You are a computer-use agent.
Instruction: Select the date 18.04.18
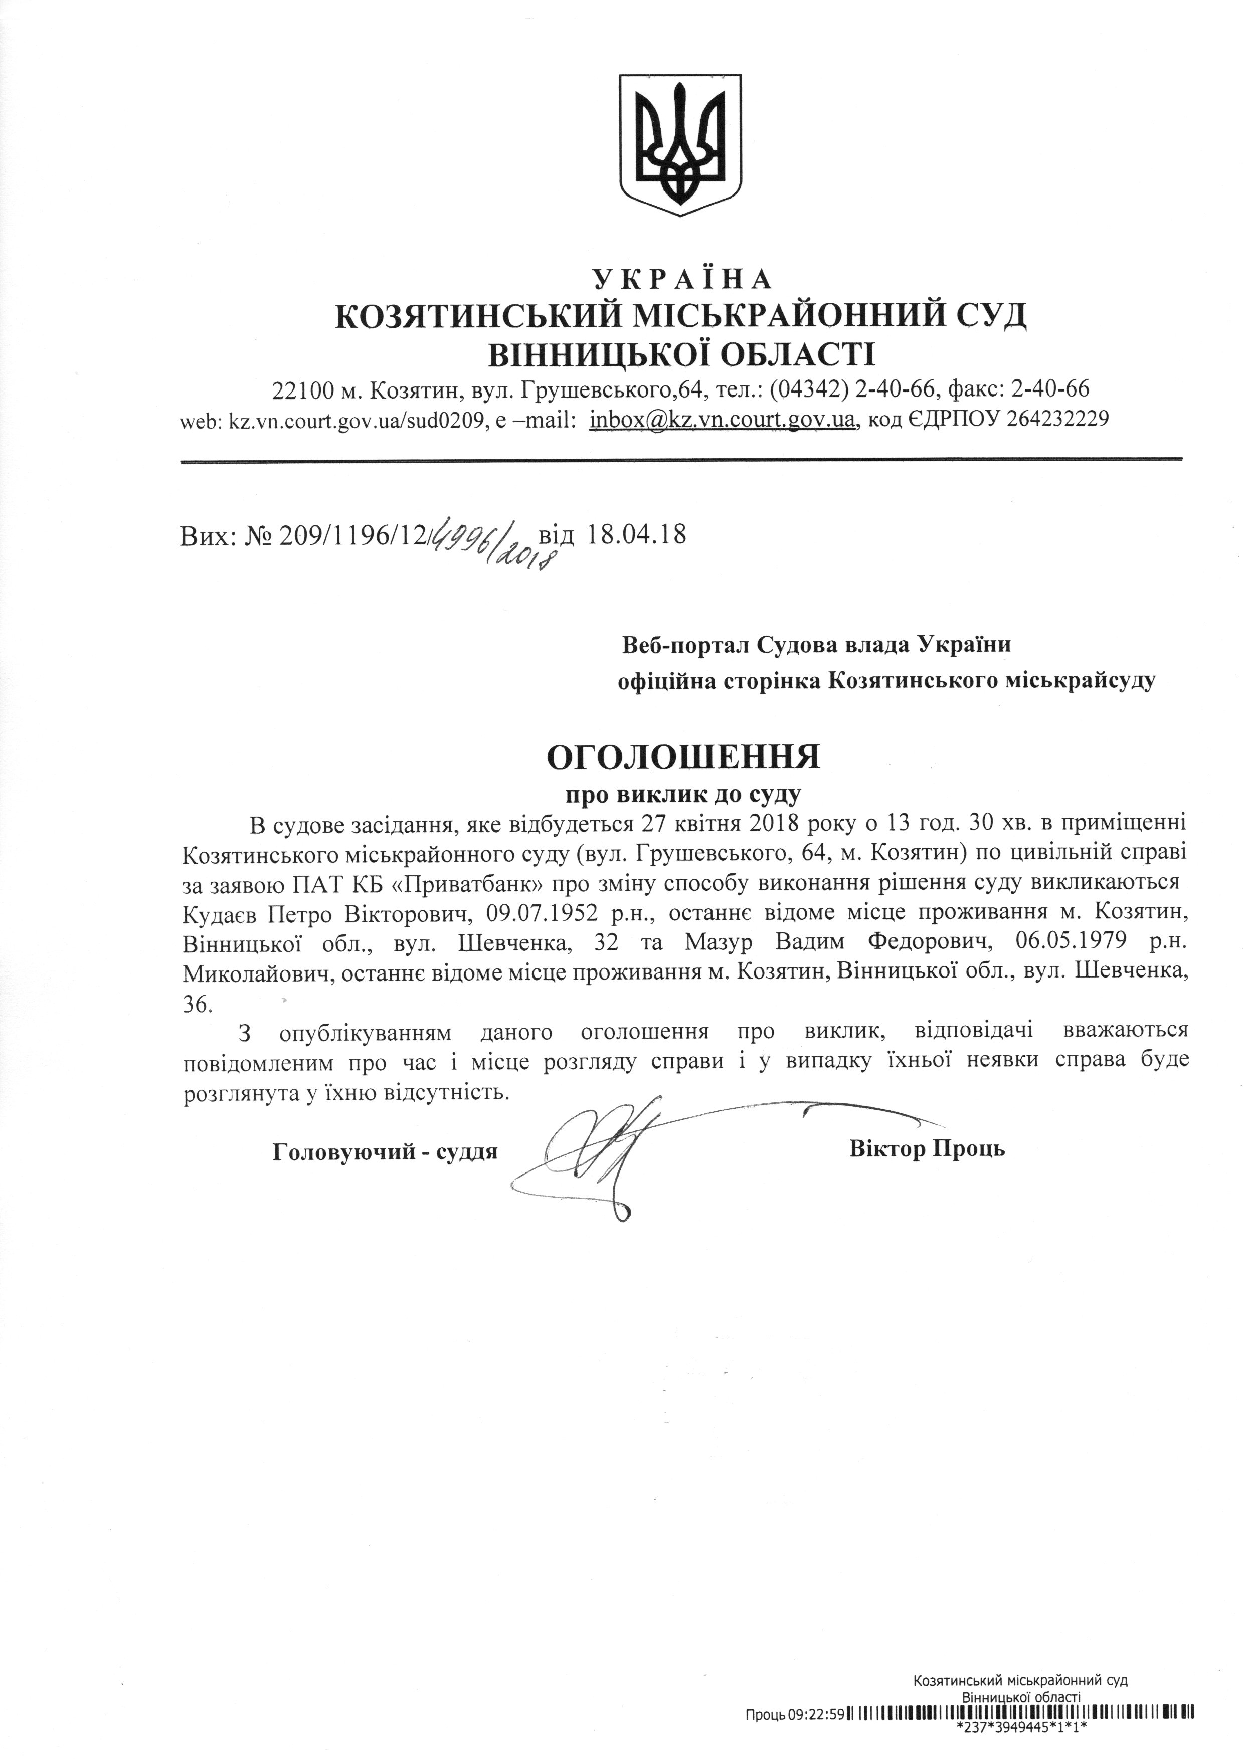point(635,533)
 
